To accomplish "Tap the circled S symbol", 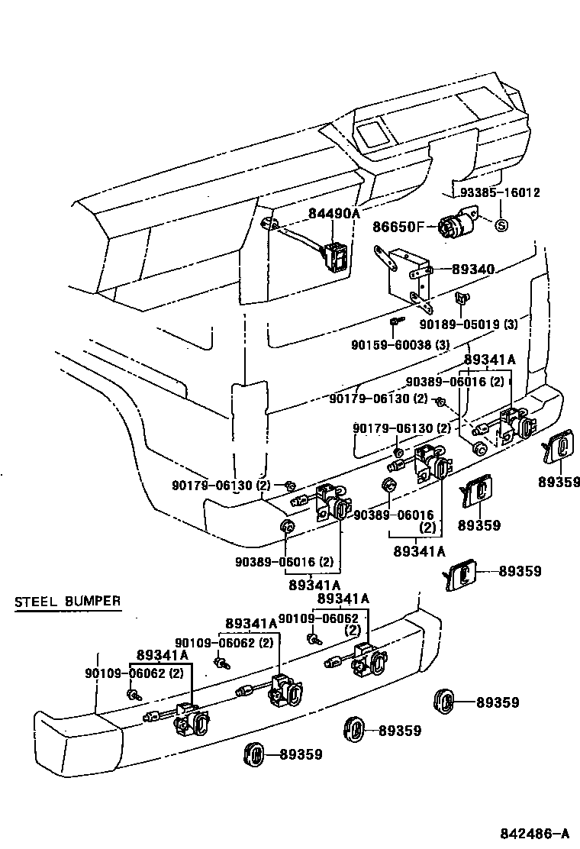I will [501, 225].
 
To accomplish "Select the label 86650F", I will [398, 226].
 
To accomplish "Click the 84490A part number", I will [333, 213].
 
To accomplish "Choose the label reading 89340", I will [473, 269].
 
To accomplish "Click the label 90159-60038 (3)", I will [400, 344].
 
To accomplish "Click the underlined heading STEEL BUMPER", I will [68, 601].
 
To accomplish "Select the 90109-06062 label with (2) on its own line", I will [318, 618].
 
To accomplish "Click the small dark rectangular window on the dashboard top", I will [373, 134].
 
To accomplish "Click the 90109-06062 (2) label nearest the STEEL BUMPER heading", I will [134, 673].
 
